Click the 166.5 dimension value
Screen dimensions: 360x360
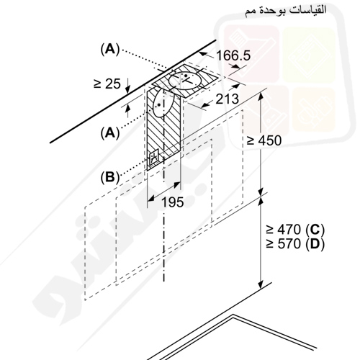[233, 55]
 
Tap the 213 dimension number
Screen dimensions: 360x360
[227, 99]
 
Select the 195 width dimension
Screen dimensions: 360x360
[172, 202]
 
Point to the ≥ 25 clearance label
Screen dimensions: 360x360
[107, 84]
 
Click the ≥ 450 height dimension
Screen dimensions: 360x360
[264, 140]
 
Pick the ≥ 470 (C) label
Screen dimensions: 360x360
[295, 230]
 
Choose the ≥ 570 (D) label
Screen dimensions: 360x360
[295, 244]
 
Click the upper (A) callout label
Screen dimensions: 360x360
[110, 50]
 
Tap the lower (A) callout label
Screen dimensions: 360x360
[110, 132]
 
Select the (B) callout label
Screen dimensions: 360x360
[110, 178]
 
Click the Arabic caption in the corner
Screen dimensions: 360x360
[286, 11]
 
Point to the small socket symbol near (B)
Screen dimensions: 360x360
[154, 158]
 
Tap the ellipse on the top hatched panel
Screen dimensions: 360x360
[185, 81]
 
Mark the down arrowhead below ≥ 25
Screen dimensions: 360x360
[128, 90]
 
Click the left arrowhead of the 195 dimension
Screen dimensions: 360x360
[150, 198]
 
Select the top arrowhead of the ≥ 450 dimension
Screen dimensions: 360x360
[261, 96]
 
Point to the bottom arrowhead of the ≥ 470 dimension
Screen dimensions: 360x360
[261, 285]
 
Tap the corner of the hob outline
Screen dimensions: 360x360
[233, 315]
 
